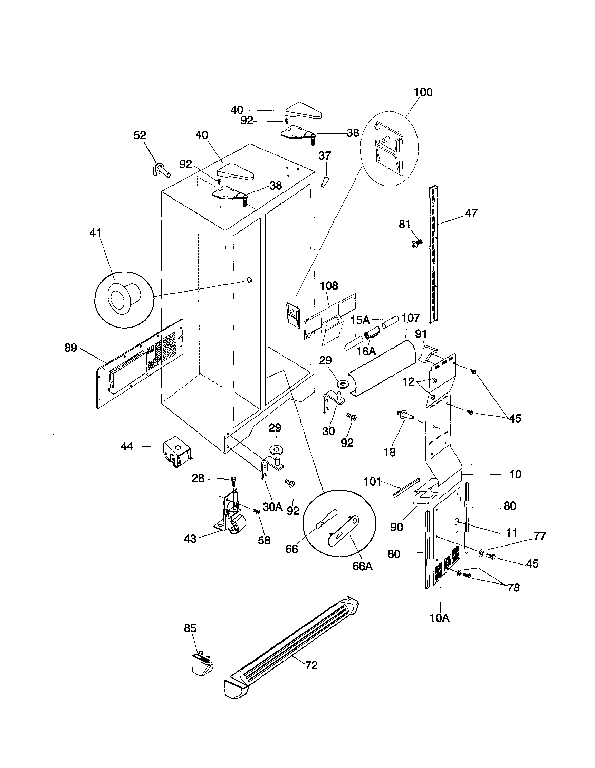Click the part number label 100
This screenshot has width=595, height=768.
click(423, 92)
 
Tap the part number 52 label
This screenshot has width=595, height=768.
click(140, 135)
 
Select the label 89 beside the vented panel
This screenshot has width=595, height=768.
click(71, 348)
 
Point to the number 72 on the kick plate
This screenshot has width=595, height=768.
click(311, 665)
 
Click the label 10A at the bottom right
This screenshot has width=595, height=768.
click(440, 618)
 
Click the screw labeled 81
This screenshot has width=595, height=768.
click(416, 243)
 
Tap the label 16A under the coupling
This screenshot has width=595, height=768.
click(366, 351)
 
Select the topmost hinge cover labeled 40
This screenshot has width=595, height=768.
click(303, 112)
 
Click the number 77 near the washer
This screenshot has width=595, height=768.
click(539, 536)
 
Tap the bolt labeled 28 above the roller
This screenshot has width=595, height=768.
click(234, 480)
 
